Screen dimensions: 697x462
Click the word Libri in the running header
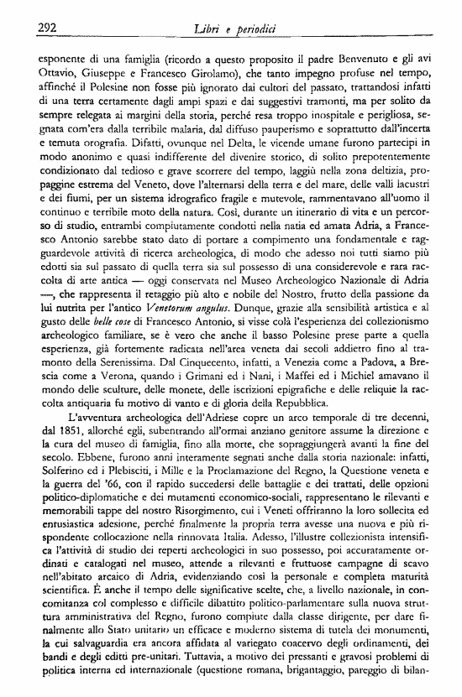207,28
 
